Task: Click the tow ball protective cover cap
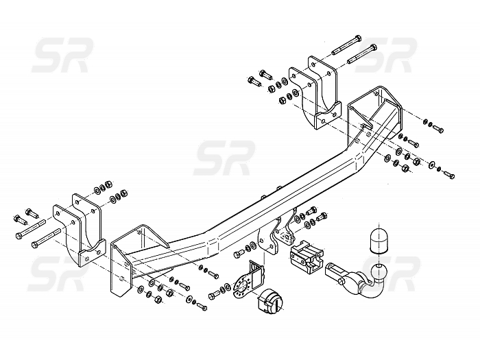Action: click(379, 241)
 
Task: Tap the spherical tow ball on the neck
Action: click(379, 272)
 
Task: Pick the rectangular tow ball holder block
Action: click(306, 257)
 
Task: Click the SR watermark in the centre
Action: click(224, 158)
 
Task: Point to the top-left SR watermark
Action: click(62, 56)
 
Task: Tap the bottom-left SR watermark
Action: click(58, 274)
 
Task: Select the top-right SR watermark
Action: click(385, 56)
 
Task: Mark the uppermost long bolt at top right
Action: click(346, 45)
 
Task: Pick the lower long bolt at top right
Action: click(362, 54)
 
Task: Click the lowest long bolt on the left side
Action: click(46, 238)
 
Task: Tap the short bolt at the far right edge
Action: click(449, 175)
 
